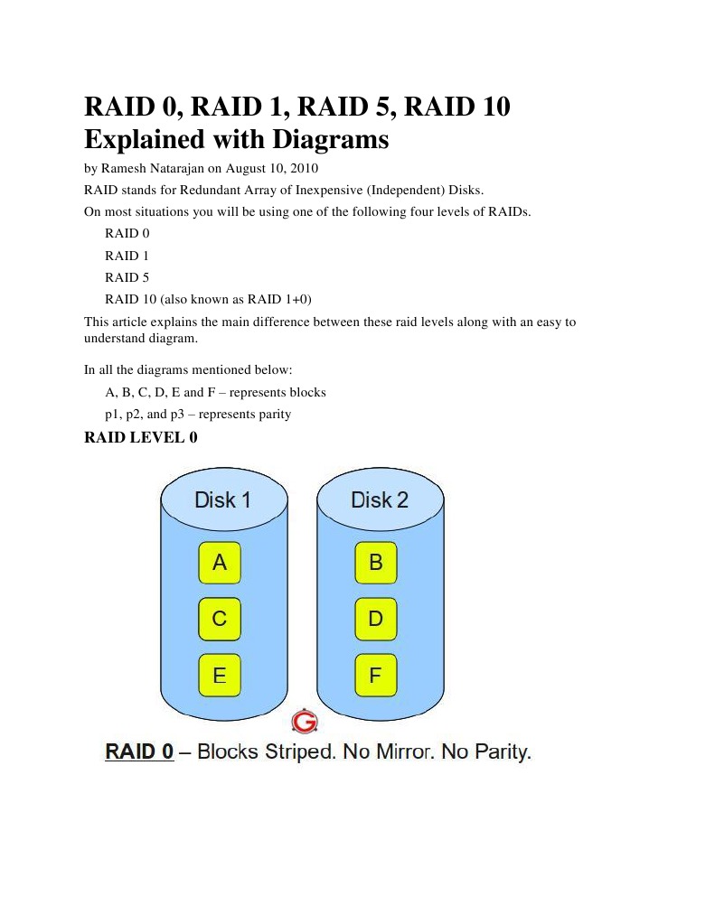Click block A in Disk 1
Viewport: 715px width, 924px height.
click(220, 563)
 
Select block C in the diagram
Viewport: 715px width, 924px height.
click(220, 619)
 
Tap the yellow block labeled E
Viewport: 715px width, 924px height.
click(220, 675)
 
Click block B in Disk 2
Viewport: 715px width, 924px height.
click(376, 563)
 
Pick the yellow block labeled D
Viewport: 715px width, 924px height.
click(376, 619)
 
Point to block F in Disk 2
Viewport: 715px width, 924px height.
click(376, 675)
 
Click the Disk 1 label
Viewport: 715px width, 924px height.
click(222, 499)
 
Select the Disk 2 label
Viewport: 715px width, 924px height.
click(379, 499)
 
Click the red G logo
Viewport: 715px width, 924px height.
click(306, 722)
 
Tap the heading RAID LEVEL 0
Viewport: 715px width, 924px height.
click(140, 438)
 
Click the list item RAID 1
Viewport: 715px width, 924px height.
click(127, 256)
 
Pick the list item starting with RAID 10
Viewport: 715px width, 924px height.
click(208, 299)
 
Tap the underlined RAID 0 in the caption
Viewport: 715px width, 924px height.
click(139, 751)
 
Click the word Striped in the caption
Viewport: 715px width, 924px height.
click(300, 751)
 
